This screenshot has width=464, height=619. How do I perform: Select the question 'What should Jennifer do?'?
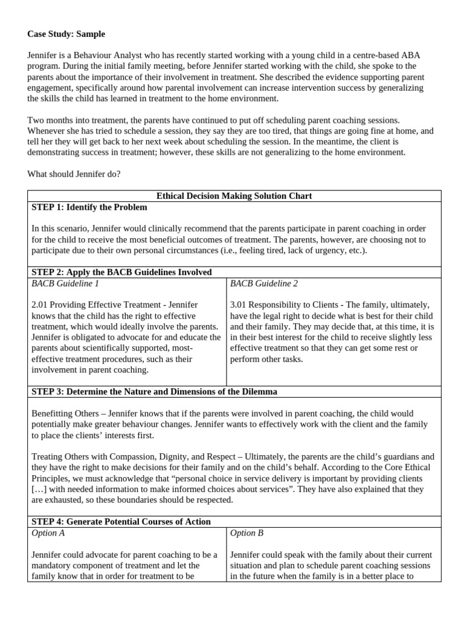coord(74,174)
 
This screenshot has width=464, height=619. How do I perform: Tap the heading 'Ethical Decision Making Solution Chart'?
coord(234,196)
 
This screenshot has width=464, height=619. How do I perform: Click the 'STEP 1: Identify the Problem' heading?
coord(89,207)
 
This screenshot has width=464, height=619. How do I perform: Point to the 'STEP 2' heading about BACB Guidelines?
coord(121,272)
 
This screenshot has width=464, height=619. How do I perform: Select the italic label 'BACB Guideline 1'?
coord(65,283)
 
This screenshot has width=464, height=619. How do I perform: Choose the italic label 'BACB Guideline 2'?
coord(264,283)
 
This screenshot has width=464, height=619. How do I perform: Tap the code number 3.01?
coord(239,305)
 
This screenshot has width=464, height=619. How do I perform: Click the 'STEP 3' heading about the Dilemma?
coord(154,391)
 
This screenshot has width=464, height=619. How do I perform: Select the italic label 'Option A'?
coord(48,533)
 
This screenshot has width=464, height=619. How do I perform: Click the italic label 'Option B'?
coord(247,533)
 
